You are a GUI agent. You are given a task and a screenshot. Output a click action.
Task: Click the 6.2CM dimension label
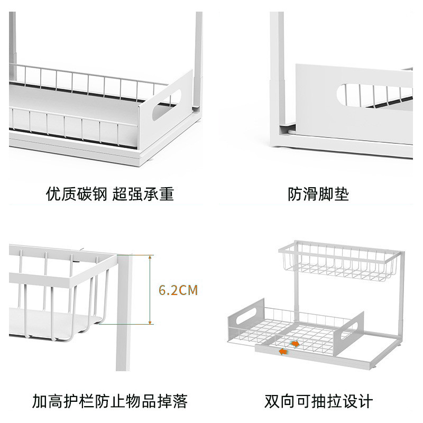tap(178, 290)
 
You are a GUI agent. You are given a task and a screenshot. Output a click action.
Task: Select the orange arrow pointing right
tap(295, 343)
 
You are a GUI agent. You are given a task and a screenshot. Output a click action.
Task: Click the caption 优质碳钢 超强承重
tap(109, 194)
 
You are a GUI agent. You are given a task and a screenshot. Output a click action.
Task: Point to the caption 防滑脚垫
tap(318, 194)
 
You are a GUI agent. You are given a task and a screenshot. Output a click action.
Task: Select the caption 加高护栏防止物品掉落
tap(109, 400)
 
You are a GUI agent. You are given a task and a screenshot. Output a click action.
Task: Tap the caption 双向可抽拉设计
tap(318, 400)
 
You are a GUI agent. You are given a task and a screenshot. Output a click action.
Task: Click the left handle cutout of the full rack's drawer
tap(245, 316)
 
